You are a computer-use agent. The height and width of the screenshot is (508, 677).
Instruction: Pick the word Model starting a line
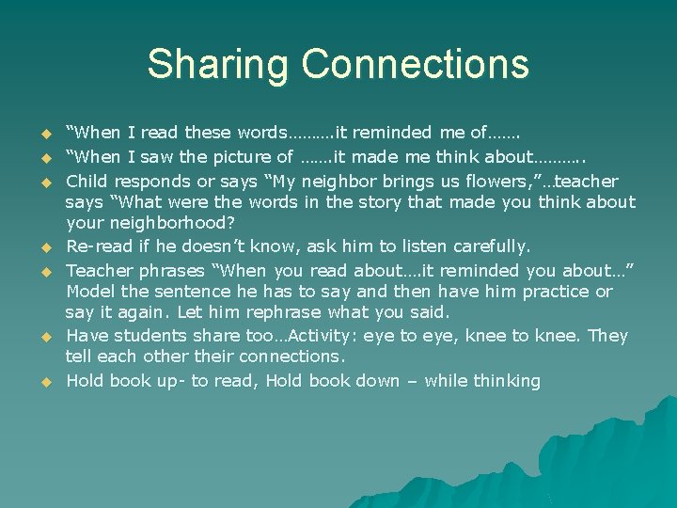point(91,292)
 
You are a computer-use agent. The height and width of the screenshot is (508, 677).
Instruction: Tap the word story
point(407,202)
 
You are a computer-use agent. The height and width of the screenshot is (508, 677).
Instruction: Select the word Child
point(87,181)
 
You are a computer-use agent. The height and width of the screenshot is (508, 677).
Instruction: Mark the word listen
point(374,246)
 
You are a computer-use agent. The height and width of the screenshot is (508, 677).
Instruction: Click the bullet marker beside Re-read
point(42,248)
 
